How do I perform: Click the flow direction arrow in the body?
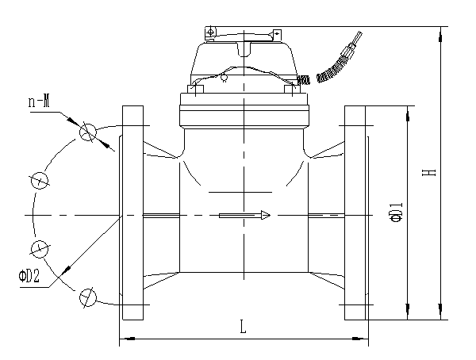245,215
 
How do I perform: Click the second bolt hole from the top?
38,181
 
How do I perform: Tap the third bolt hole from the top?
38,249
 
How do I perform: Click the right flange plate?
356,214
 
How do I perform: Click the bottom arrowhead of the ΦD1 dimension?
407,314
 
